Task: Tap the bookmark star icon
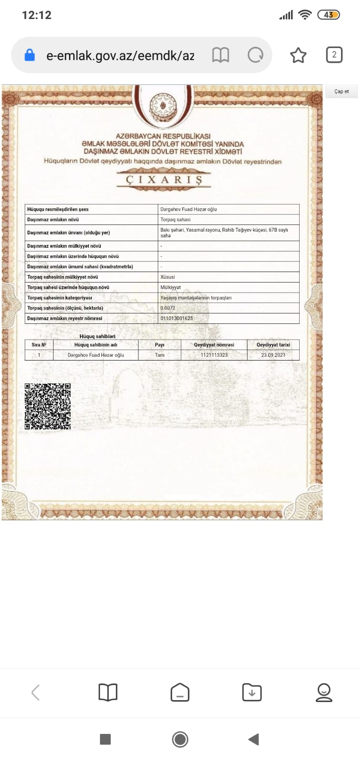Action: (x=298, y=55)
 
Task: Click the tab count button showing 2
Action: (x=334, y=55)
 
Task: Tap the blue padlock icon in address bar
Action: (x=29, y=55)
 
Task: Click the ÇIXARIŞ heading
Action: (x=164, y=180)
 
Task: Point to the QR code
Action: (x=48, y=407)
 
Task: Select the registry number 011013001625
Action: (x=176, y=318)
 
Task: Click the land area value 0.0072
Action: (x=168, y=308)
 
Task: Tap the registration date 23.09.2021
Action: (x=273, y=355)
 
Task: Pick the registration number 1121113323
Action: (x=214, y=355)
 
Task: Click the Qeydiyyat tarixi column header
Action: (x=273, y=345)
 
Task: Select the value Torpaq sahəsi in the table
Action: (x=175, y=220)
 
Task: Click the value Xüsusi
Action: (x=167, y=277)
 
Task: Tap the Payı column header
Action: (x=159, y=345)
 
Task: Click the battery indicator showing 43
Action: (x=329, y=15)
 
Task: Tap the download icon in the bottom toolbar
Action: (x=252, y=693)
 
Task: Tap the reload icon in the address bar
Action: (x=255, y=55)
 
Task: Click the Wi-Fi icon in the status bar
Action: (x=304, y=15)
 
